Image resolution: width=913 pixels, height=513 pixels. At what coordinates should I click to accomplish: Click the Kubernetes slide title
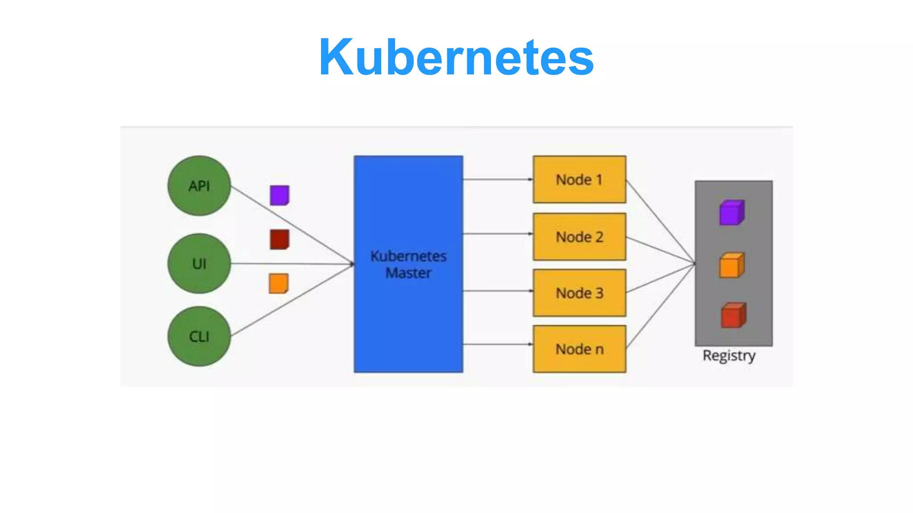(x=456, y=57)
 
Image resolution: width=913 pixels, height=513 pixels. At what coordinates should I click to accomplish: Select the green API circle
(x=199, y=186)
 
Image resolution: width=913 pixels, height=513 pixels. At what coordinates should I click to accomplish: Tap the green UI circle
(x=199, y=264)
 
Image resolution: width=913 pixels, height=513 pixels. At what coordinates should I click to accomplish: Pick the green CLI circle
(x=199, y=336)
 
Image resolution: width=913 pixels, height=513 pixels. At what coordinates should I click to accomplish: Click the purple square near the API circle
(x=280, y=195)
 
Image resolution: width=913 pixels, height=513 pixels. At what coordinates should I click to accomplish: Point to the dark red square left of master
(x=280, y=239)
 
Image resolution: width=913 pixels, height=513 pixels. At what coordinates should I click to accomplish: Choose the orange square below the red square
(x=279, y=283)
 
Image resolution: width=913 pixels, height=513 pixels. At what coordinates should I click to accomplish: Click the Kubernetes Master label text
(x=408, y=264)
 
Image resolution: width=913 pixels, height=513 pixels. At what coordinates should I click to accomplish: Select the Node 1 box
(x=579, y=179)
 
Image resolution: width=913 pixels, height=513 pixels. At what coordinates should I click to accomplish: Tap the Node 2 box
(x=579, y=236)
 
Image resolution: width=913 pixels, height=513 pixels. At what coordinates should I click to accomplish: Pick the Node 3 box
(x=579, y=293)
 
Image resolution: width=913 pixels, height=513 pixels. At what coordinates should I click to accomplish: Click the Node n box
(x=579, y=349)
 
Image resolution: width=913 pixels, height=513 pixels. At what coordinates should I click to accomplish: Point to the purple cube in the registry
(x=732, y=213)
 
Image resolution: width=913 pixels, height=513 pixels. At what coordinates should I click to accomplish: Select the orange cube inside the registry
(x=732, y=265)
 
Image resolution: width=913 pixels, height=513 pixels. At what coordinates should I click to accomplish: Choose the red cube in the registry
(x=733, y=315)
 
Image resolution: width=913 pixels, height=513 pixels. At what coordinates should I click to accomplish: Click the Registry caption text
(x=729, y=355)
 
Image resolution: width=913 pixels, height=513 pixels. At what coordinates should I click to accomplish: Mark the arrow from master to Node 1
(x=497, y=179)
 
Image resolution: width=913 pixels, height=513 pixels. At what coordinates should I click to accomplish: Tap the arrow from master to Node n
(x=497, y=344)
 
